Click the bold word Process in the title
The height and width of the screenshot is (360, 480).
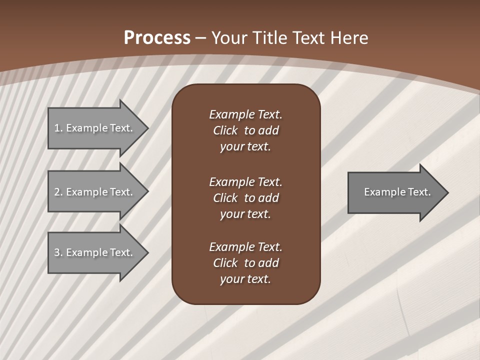pos(157,38)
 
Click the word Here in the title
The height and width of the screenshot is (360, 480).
pos(348,38)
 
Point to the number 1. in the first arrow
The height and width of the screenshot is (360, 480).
pos(58,128)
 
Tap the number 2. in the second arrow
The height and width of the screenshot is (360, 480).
pos(58,192)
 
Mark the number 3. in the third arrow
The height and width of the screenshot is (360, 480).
pos(58,252)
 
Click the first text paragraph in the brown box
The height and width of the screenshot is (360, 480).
pos(245,130)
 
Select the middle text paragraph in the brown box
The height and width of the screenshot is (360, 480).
pos(245,198)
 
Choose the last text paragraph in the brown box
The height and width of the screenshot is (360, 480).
pos(245,263)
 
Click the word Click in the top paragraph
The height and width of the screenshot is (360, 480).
pos(225,130)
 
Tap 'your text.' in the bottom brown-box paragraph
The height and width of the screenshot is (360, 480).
pos(245,279)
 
